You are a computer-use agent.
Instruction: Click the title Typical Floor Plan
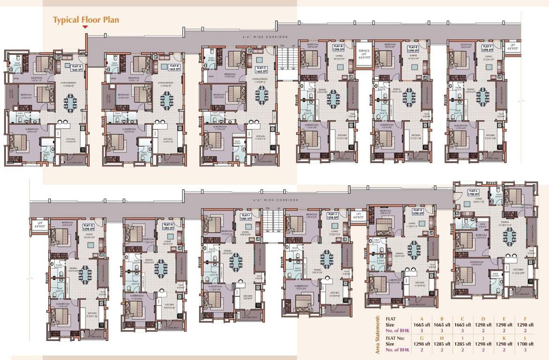tap(86, 20)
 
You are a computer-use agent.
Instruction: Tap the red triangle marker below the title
tap(85, 27)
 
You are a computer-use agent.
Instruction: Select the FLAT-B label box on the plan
tap(174, 67)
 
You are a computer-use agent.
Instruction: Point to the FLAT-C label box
tap(261, 69)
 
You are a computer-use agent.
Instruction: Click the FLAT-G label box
tap(88, 227)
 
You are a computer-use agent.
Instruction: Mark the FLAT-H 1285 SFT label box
tap(169, 226)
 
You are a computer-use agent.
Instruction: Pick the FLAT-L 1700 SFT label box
tap(473, 192)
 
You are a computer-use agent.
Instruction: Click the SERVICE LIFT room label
tap(364, 53)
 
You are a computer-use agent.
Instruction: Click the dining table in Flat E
tap(409, 97)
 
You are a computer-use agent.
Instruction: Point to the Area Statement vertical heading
tap(378, 333)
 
